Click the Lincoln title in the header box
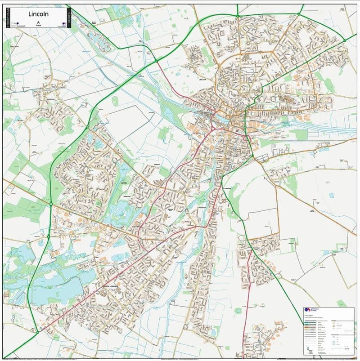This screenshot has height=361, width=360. (x=38, y=13)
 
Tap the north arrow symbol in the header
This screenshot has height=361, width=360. (x=38, y=22)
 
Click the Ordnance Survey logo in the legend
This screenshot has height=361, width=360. (x=308, y=310)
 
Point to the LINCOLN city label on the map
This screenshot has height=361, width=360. (x=202, y=80)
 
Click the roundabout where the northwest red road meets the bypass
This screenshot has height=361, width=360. (x=156, y=60)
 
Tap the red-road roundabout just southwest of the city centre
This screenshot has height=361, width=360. (x=212, y=129)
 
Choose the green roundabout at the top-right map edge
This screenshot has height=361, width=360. (x=345, y=40)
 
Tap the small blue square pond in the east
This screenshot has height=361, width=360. (x=332, y=196)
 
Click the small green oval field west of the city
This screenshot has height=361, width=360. (x=115, y=100)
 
